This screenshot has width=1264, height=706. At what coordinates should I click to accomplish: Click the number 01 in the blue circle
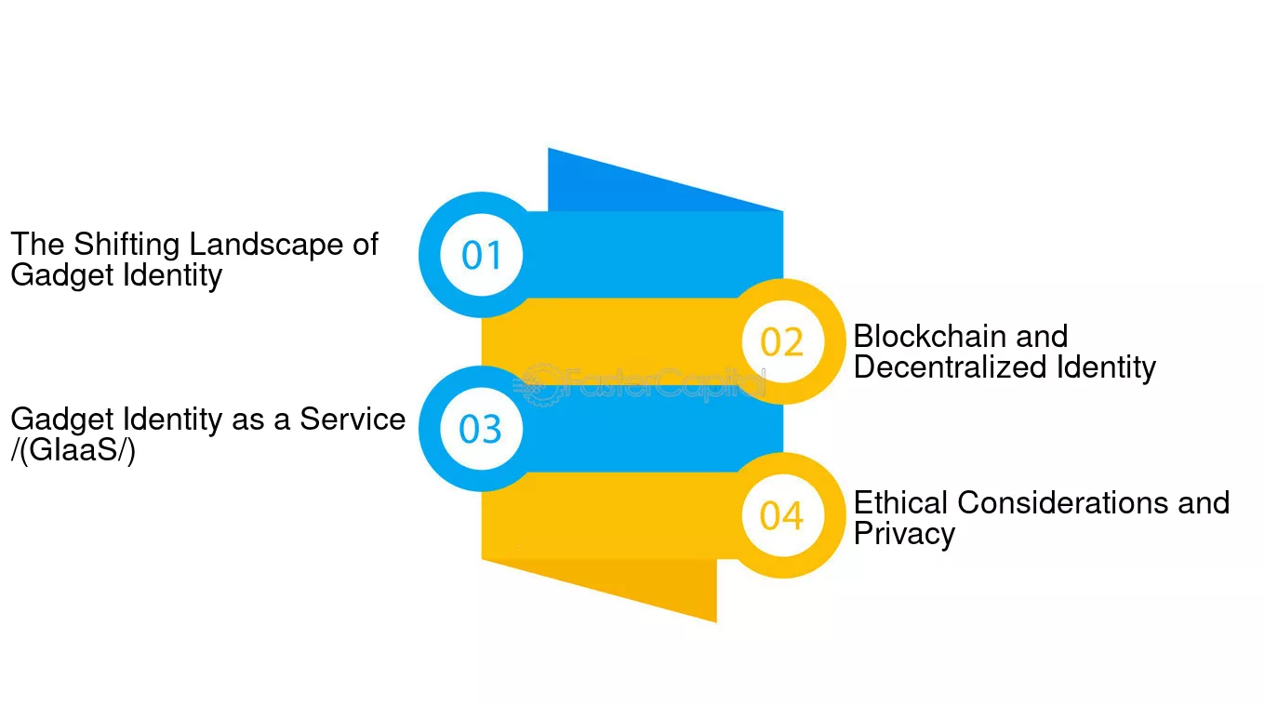(x=482, y=255)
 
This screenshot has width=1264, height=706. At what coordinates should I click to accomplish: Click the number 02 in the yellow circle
(x=781, y=342)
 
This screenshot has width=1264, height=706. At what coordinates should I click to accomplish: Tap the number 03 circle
(x=482, y=429)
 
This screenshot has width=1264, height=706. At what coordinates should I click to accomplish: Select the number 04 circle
(x=782, y=515)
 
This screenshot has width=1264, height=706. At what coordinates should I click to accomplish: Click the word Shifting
(x=126, y=246)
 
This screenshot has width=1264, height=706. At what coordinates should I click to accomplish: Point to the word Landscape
(x=266, y=246)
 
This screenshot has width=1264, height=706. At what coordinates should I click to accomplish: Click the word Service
(x=353, y=420)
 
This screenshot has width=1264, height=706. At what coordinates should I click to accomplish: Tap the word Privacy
(x=904, y=534)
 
